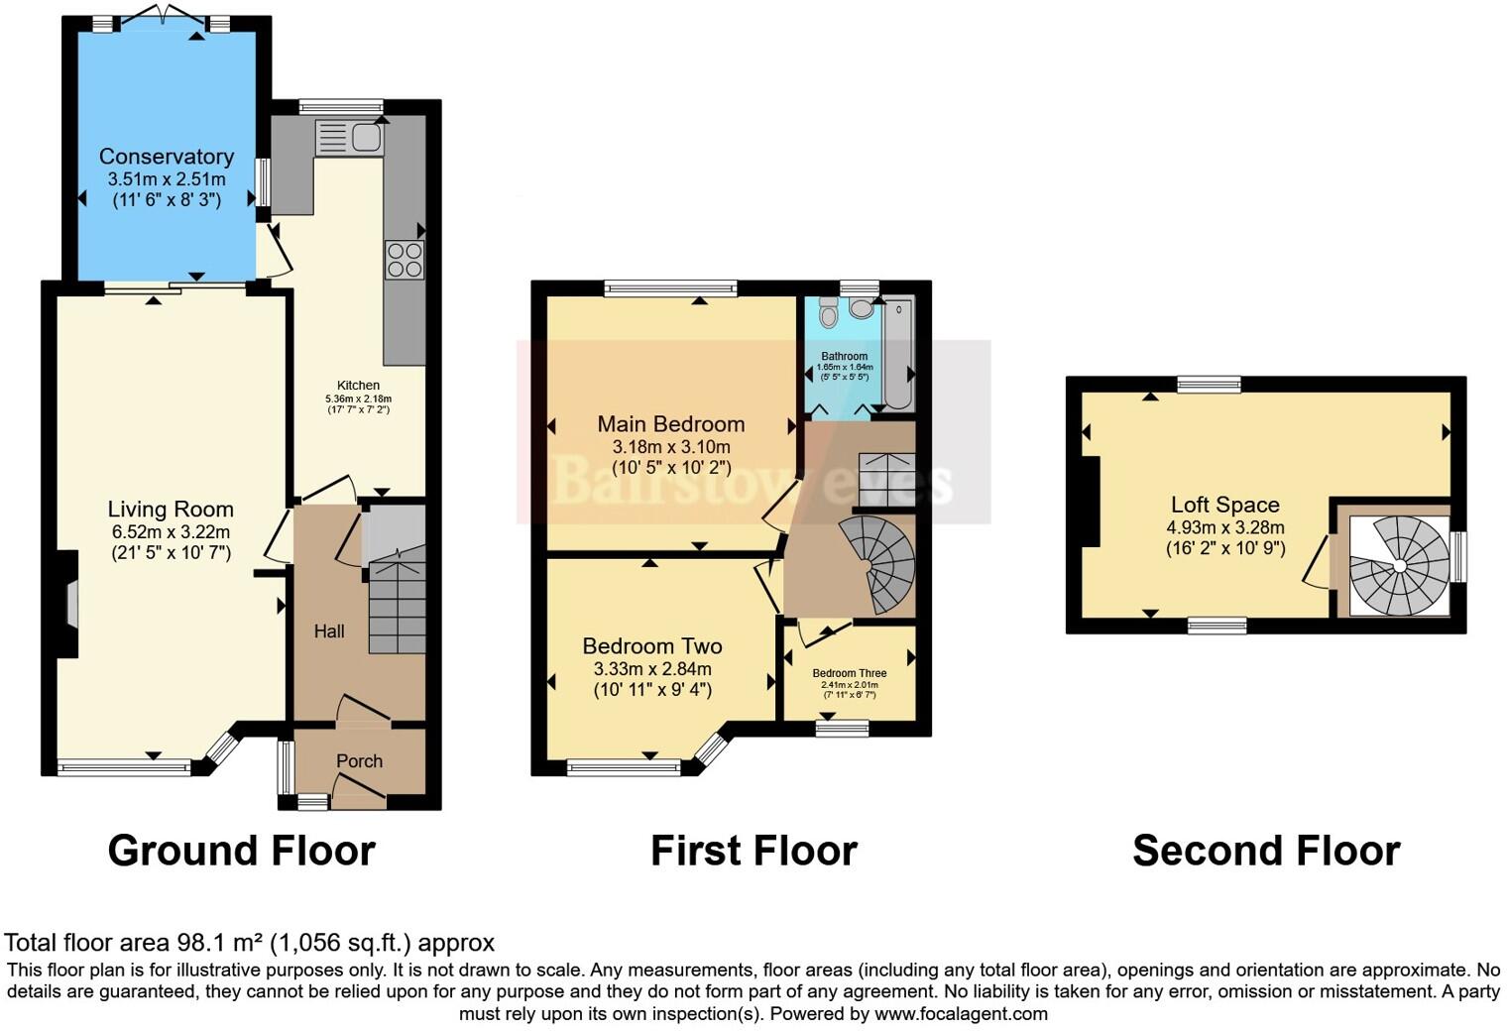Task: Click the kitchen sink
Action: [x=349, y=137]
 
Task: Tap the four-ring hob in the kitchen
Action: [x=405, y=260]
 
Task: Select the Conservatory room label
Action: [x=167, y=157]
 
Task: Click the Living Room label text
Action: [x=171, y=510]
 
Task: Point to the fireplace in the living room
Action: [x=70, y=605]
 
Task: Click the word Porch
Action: [x=359, y=761]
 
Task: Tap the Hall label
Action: [x=329, y=631]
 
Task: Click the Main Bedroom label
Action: [x=670, y=424]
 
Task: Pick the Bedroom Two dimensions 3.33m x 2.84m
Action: [x=652, y=669]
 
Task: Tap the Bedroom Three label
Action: [x=850, y=673]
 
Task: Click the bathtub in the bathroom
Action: [x=897, y=353]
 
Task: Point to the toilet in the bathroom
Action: [x=829, y=313]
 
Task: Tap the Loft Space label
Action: [x=1225, y=505]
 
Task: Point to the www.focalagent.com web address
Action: [x=960, y=1014]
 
